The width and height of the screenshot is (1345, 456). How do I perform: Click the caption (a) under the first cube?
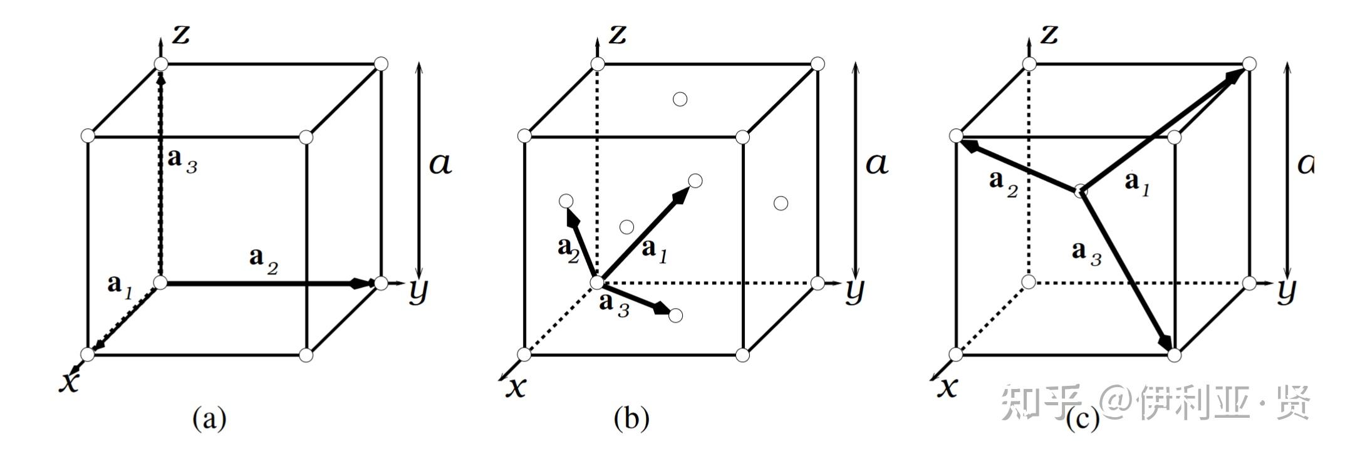(209, 418)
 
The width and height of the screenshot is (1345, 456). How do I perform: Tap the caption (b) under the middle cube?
(631, 418)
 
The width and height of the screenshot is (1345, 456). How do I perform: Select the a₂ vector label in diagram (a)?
(263, 259)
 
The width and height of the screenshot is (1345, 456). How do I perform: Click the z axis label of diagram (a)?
(181, 34)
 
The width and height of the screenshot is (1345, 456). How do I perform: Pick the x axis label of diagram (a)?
(70, 380)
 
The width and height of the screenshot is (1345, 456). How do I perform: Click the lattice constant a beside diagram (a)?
(440, 164)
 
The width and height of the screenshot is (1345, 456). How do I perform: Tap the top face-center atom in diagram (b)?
(680, 99)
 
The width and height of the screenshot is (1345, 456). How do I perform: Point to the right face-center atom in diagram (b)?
(781, 203)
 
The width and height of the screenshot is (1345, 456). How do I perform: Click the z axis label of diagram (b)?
(618, 34)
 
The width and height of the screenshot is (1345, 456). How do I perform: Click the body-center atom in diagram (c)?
(1081, 191)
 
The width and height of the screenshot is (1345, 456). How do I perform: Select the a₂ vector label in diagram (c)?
(1004, 183)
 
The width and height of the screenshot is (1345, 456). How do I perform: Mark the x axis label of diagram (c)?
(947, 387)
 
